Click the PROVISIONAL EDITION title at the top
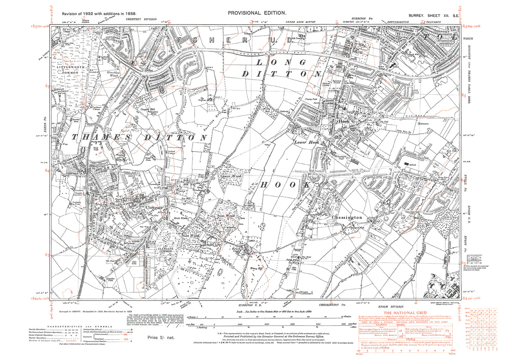[x=257, y=13]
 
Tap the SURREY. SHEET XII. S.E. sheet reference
[x=433, y=16]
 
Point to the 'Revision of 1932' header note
[x=99, y=14]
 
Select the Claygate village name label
[x=154, y=208]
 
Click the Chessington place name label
[x=347, y=218]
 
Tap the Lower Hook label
[x=306, y=142]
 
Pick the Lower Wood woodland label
[x=231, y=176]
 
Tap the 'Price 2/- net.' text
[x=161, y=337]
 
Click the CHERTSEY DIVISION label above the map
[x=141, y=19]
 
